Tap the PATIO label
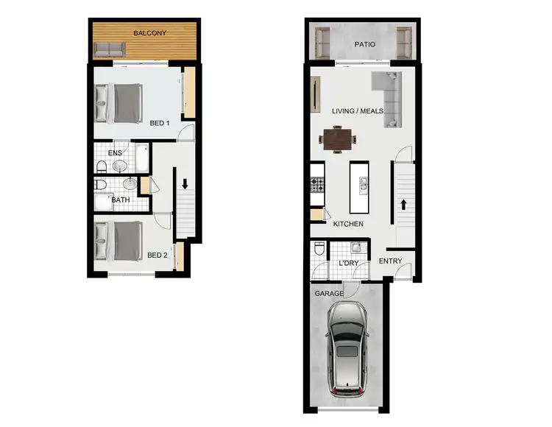click(x=364, y=44)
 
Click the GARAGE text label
click(x=329, y=294)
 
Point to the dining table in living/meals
click(x=339, y=138)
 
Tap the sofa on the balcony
click(x=110, y=51)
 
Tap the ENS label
click(x=116, y=153)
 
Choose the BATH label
click(x=121, y=199)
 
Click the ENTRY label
click(x=391, y=261)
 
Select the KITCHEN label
click(x=348, y=224)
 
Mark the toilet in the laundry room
click(x=319, y=249)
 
